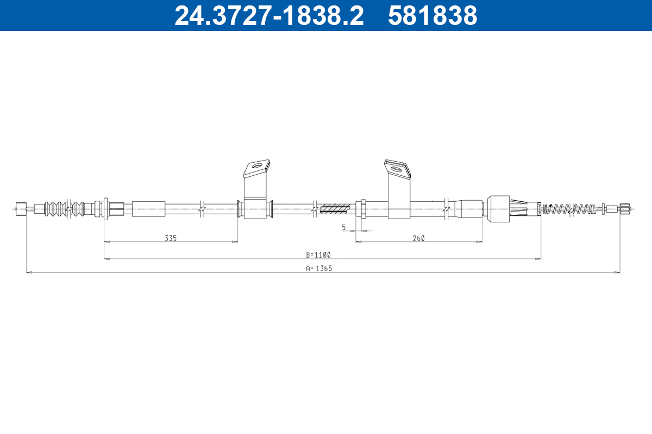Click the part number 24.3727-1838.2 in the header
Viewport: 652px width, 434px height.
point(269,16)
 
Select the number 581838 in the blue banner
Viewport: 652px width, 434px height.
point(432,16)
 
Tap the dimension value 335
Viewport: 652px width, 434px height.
point(171,238)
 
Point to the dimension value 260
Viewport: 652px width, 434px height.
point(418,238)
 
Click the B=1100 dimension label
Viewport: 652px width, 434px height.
point(318,255)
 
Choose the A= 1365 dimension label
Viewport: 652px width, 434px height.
point(319,269)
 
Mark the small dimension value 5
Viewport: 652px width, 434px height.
point(344,228)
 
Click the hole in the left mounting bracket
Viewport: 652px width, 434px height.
point(257,166)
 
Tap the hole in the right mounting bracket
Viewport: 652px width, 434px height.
point(396,169)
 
